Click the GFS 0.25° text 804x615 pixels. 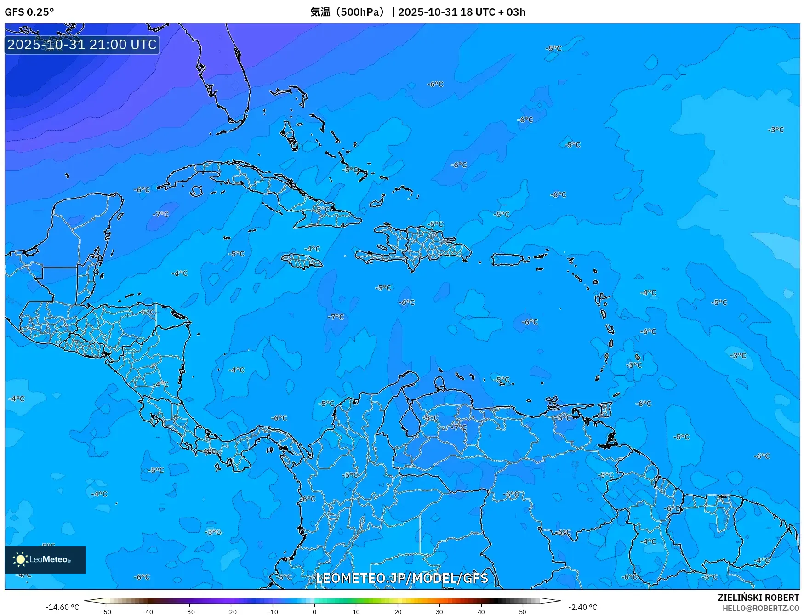pos(29,12)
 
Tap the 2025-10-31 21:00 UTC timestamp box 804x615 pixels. pos(82,45)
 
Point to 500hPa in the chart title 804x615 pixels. pos(359,12)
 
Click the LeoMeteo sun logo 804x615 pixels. pos(20,559)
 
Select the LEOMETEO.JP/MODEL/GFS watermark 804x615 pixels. pos(402,578)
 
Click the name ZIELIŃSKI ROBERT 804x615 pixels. pos(758,598)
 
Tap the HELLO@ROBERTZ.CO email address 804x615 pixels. pos(760,608)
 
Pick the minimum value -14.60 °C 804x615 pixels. pos(62,607)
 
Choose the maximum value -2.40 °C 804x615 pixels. pos(582,607)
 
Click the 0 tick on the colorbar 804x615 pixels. pos(314,612)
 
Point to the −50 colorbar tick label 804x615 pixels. pos(106,612)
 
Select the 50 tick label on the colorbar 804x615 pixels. pos(523,612)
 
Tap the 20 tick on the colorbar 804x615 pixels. pos(398,612)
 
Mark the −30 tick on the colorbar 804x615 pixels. pos(189,612)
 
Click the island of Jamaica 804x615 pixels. pos(302,262)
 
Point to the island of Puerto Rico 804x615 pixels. pos(507,260)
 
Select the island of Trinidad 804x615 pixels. pos(608,440)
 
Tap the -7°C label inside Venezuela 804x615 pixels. pos(458,427)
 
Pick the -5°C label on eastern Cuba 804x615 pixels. pos(323,209)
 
